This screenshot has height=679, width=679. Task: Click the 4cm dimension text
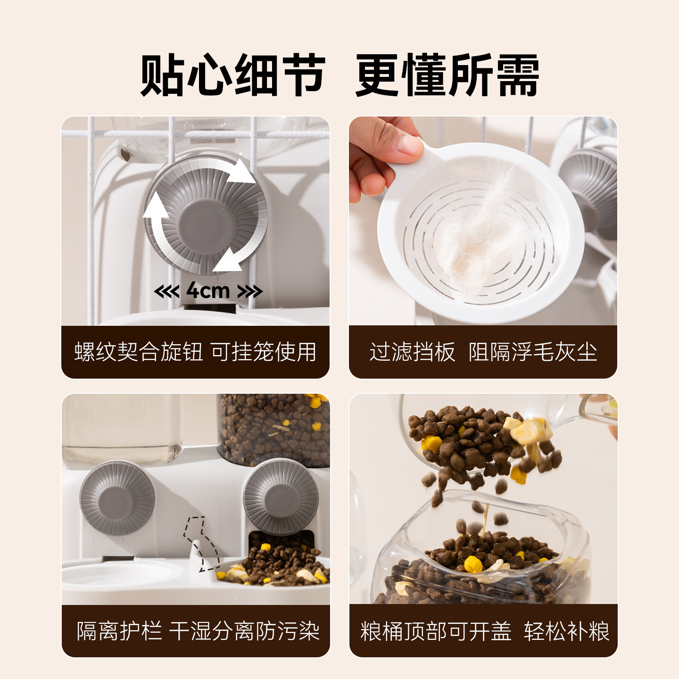(x=208, y=291)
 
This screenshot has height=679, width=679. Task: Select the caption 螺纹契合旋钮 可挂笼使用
(x=195, y=352)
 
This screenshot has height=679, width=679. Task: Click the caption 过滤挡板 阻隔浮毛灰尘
(x=483, y=352)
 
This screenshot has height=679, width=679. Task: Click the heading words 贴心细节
(x=232, y=75)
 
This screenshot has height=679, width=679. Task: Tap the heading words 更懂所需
(x=447, y=75)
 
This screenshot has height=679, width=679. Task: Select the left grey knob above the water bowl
(x=117, y=498)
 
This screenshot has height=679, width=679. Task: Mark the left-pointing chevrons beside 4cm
(x=166, y=291)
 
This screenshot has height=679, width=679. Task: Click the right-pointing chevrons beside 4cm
(x=250, y=291)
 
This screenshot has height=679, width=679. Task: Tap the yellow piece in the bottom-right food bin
(x=473, y=564)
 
